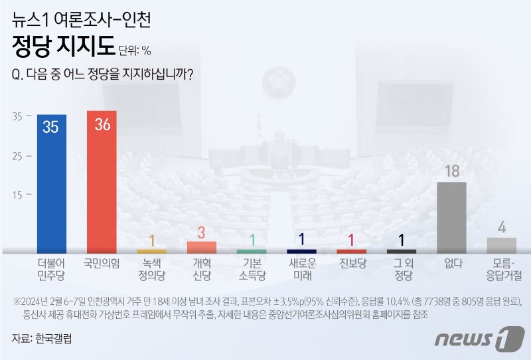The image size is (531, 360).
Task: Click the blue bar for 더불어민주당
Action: coord(51,183)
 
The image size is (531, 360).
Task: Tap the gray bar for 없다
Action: coord(451,217)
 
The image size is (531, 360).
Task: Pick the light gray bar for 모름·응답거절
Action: coord(501,245)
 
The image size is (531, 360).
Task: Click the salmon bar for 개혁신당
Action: coord(202,247)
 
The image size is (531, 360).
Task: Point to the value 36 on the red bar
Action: coord(102,125)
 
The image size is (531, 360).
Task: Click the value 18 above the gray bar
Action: coord(451,171)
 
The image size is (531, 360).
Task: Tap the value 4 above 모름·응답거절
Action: coord(502,227)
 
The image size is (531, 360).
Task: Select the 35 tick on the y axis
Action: coord(17,116)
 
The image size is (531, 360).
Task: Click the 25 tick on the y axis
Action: coord(17,156)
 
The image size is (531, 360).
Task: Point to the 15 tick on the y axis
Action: coord(17,195)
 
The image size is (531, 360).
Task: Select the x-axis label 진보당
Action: coord(352,263)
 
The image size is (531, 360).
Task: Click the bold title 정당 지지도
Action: coord(64,47)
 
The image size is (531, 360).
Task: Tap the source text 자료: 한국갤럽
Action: coord(42,338)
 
